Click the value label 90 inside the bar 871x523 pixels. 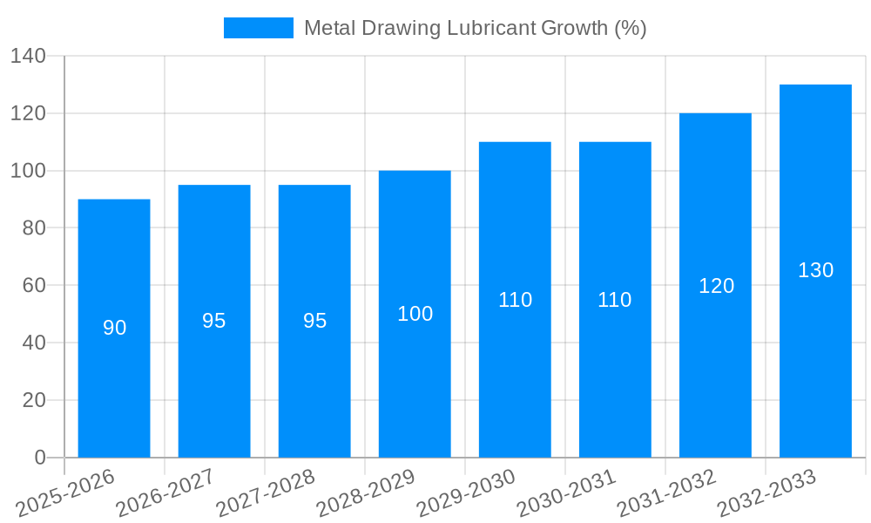coord(114,328)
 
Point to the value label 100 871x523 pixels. coord(415,314)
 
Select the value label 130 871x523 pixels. coord(815,270)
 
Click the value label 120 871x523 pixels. coord(716,286)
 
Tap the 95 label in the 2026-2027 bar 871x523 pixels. coord(214,321)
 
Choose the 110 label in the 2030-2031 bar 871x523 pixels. coord(615,300)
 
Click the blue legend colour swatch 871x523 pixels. coord(259,28)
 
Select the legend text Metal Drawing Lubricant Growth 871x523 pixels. coord(475,28)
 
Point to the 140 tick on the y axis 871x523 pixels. coord(28,57)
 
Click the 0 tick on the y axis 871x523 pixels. coord(39,458)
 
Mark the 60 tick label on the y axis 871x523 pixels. coord(33,286)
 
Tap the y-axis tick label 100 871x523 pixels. coord(28,171)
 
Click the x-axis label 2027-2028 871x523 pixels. coord(265,493)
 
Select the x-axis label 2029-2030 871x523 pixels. coord(465,493)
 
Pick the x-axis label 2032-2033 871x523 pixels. coord(766,493)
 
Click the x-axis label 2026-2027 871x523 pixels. coord(165,493)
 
